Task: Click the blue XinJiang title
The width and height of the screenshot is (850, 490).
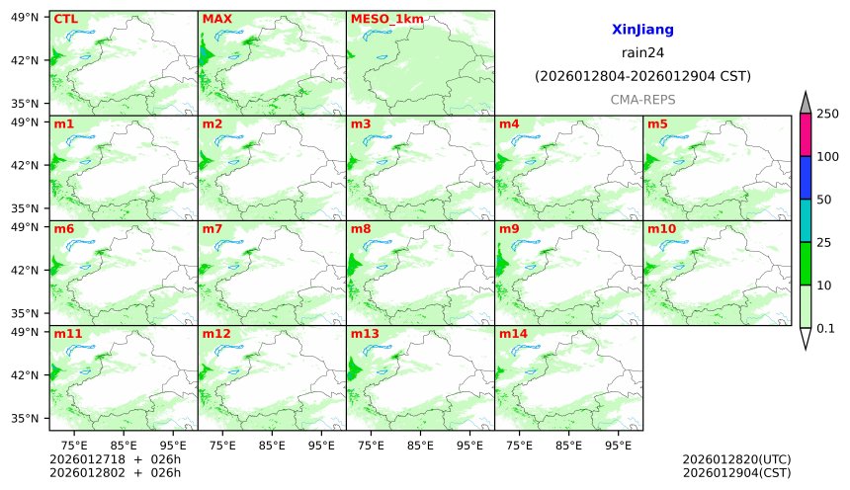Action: [642, 31]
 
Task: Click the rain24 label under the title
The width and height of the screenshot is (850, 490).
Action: [642, 53]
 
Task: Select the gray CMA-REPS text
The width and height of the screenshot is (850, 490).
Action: [642, 100]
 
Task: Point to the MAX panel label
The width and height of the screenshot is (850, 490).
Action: [216, 19]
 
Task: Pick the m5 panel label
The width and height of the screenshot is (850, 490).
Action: [657, 124]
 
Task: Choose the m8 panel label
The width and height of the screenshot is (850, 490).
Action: [361, 229]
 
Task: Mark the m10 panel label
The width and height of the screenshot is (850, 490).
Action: [661, 229]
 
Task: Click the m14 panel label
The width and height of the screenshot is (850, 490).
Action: [513, 334]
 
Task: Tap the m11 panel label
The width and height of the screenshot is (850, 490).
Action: [67, 334]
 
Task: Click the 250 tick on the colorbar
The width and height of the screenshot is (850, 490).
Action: [827, 114]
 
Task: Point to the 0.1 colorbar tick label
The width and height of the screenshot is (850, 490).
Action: [826, 328]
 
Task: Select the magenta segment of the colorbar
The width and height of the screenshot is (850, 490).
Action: [806, 134]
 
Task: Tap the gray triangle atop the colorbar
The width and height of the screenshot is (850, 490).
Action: [806, 104]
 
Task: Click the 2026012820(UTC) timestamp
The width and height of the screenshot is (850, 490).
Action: [736, 459]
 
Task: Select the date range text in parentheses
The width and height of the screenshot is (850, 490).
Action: [642, 76]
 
